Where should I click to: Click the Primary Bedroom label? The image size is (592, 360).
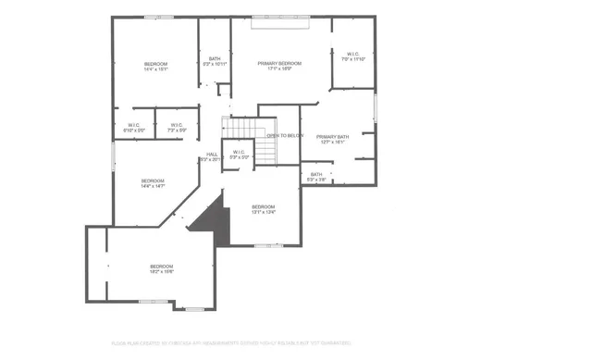point(279,62)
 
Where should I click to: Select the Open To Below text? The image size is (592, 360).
point(285,135)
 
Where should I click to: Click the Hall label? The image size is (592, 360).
point(212,154)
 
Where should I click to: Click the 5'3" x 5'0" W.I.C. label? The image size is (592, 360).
point(240,155)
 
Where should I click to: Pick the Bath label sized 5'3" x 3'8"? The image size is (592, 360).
point(316,176)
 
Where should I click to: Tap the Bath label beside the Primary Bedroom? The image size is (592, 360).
point(215,60)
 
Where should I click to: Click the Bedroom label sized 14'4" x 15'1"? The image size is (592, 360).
point(155,66)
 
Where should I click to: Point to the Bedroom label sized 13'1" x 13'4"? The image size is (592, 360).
point(264,209)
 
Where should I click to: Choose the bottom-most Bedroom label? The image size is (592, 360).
point(162,268)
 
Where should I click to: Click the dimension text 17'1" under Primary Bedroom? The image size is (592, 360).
point(272,68)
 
